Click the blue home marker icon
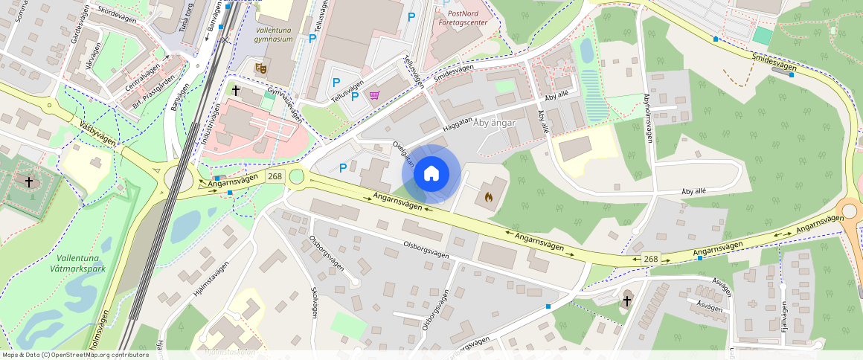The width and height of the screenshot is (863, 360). pos(431,174)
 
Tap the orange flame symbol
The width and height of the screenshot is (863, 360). pos(488,198)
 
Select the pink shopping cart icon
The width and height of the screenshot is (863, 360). pos(374,95)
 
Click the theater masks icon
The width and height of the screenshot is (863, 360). pos(260,68)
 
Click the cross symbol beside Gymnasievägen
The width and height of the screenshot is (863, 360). pos(236,91)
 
